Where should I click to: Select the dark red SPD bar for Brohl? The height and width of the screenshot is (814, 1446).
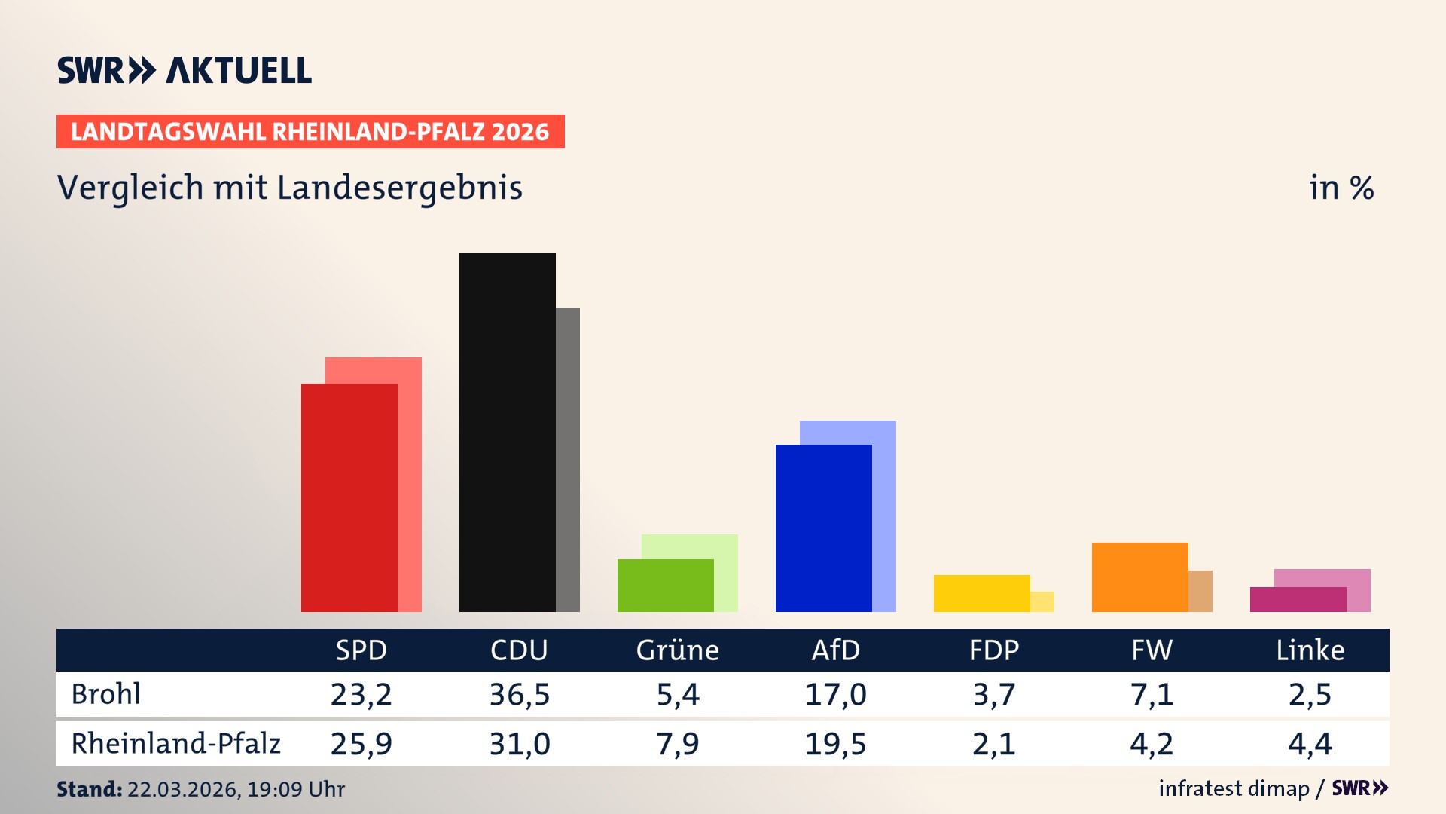(349, 497)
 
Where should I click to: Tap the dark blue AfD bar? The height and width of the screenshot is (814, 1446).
(823, 528)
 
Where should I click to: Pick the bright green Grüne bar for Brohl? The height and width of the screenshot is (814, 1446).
(665, 585)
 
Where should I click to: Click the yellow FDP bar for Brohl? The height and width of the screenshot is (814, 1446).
(981, 593)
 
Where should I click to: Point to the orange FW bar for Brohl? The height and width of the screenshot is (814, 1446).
(1139, 577)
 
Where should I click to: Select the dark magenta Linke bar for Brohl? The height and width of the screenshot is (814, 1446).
(1298, 599)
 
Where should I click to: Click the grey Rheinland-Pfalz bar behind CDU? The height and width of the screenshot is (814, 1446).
(568, 460)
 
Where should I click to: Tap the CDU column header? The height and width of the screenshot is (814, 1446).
(519, 650)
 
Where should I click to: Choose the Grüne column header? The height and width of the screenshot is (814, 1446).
(677, 650)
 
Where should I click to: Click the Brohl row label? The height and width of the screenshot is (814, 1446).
(105, 694)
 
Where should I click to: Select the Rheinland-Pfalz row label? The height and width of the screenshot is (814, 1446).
(175, 743)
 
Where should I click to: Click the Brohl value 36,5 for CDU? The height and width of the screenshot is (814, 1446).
(519, 694)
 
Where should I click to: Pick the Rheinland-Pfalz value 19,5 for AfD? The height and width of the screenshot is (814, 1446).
(835, 744)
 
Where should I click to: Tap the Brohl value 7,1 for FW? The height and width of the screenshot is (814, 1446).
(1152, 694)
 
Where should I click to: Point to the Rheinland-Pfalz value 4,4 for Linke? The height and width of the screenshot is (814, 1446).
(1310, 744)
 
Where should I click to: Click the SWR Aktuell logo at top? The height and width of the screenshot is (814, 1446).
(184, 70)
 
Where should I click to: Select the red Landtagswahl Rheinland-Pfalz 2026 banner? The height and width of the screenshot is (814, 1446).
(310, 131)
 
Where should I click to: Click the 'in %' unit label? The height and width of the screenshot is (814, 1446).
(1341, 188)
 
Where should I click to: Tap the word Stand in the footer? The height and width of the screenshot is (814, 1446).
(88, 789)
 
